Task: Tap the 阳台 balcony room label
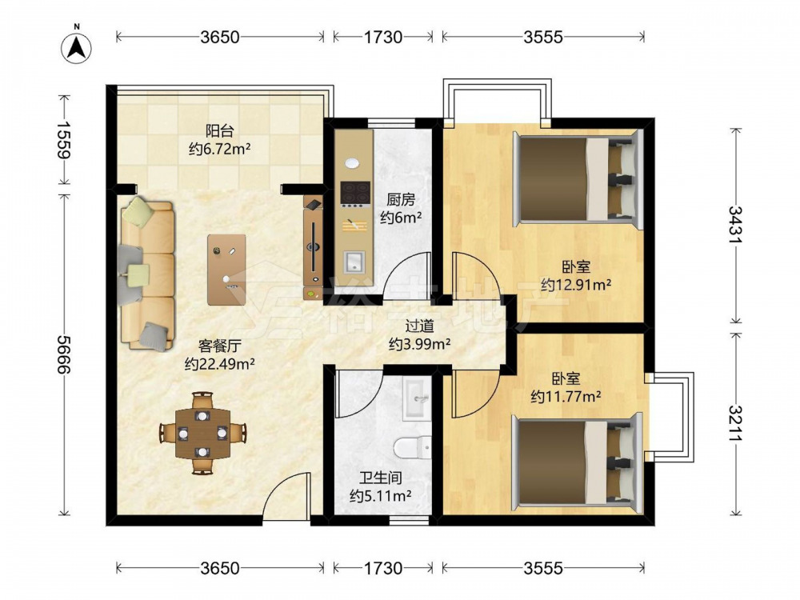click(x=219, y=131)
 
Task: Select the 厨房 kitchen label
click(x=401, y=199)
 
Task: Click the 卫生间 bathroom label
click(x=381, y=478)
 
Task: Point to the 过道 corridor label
click(x=419, y=326)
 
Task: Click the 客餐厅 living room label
click(x=220, y=346)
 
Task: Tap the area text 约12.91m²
click(x=577, y=284)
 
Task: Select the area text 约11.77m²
click(x=566, y=397)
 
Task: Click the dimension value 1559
click(x=64, y=139)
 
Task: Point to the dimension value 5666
click(x=64, y=354)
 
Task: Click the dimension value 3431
click(x=735, y=226)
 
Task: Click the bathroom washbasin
click(x=418, y=398)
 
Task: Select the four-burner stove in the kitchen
click(x=355, y=194)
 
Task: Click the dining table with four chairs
click(x=202, y=433)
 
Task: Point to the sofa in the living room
click(x=146, y=274)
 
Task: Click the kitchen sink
click(x=354, y=262)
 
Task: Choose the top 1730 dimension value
click(x=383, y=37)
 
